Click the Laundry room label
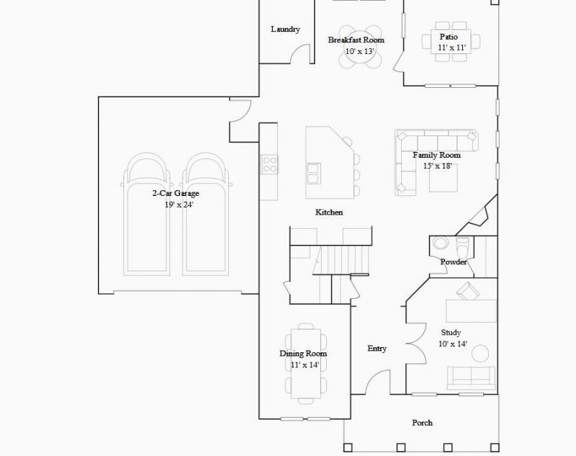click(x=285, y=30)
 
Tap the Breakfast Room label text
click(x=356, y=40)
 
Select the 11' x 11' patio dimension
click(x=452, y=48)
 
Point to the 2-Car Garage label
click(x=175, y=194)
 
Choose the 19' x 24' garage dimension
click(x=179, y=205)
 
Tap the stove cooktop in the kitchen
click(x=270, y=164)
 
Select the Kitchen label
click(x=329, y=213)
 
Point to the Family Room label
click(x=436, y=155)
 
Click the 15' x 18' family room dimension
click(x=437, y=166)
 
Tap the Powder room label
click(x=454, y=261)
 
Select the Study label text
click(x=451, y=333)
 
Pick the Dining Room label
click(x=303, y=354)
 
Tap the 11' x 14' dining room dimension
click(x=305, y=365)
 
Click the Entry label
click(x=377, y=349)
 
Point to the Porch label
click(x=422, y=423)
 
